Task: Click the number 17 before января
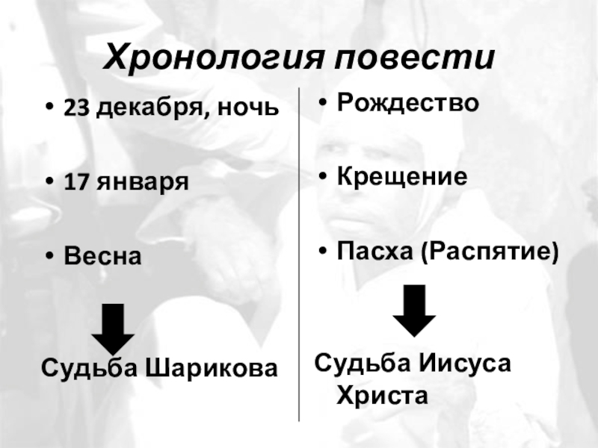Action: [x=74, y=182]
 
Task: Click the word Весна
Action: [x=102, y=255]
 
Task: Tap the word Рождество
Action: [x=407, y=103]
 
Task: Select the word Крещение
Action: [x=402, y=176]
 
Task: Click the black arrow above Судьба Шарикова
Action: [x=113, y=329]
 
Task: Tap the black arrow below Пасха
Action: [x=413, y=310]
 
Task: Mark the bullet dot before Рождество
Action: [x=321, y=103]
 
